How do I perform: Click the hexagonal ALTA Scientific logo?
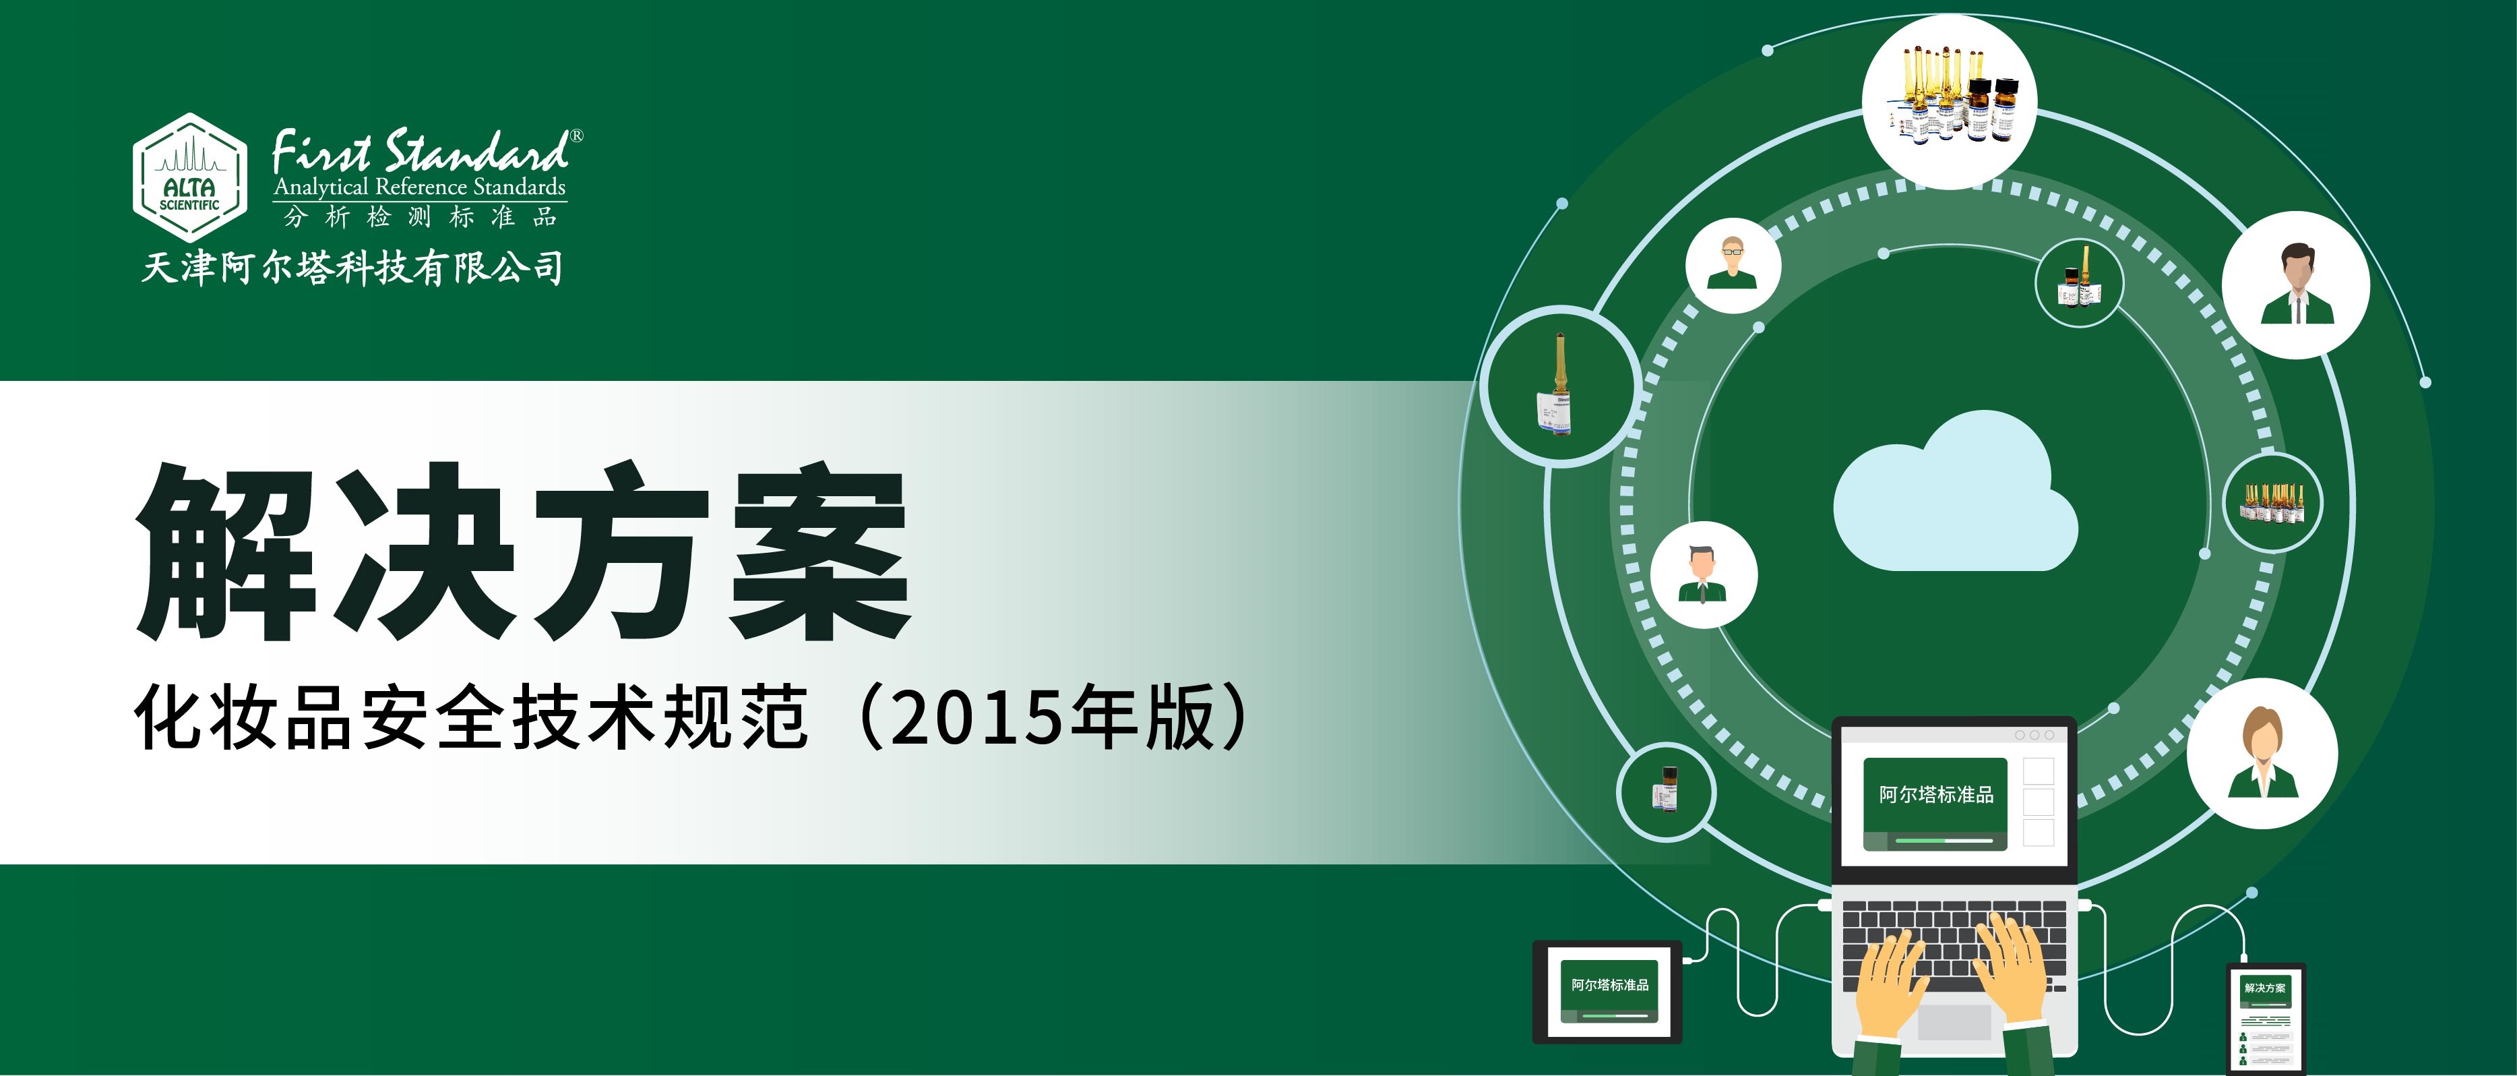click(x=189, y=177)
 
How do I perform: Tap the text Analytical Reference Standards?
click(x=420, y=187)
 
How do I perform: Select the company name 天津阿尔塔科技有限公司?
click(x=352, y=267)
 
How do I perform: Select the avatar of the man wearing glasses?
click(x=1733, y=265)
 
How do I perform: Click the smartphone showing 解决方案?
click(x=2265, y=1019)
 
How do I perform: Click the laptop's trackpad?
click(x=1954, y=1022)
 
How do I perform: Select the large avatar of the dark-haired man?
click(x=2295, y=285)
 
